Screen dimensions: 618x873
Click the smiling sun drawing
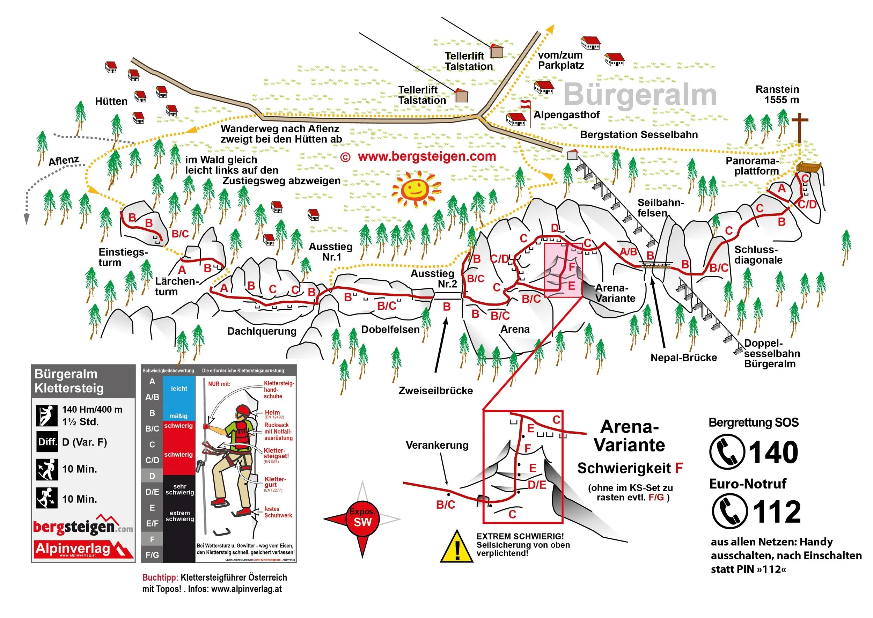coord(416,189)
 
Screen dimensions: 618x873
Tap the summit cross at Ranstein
coord(800,127)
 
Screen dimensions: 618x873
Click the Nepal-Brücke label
coord(683,358)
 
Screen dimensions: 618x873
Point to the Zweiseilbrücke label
coord(436,391)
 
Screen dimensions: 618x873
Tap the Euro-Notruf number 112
coord(776,512)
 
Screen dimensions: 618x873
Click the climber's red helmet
coord(243,411)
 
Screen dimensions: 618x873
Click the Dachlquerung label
coord(262,331)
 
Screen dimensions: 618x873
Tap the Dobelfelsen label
coord(390,330)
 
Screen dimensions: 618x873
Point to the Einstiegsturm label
coord(123,257)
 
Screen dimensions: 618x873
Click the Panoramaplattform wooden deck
coord(809,168)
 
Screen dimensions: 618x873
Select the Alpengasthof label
coord(566,115)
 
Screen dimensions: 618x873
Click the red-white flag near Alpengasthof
coord(526,104)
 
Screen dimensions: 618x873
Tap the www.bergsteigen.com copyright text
coord(419,157)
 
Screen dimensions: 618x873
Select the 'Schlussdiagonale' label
coord(758,255)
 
